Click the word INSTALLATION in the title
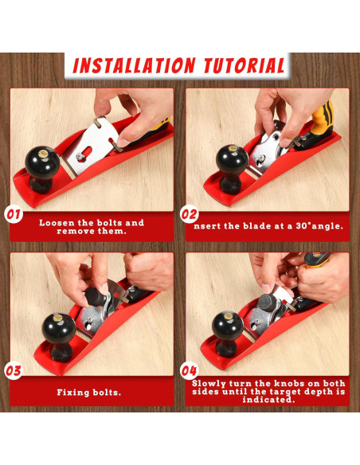click(134, 65)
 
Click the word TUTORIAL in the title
click(245, 65)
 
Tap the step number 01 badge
click(14, 214)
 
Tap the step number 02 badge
click(190, 214)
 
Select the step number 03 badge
click(14, 371)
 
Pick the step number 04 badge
click(190, 371)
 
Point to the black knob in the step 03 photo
click(59, 337)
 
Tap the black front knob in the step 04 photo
click(228, 334)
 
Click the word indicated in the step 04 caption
click(268, 400)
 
